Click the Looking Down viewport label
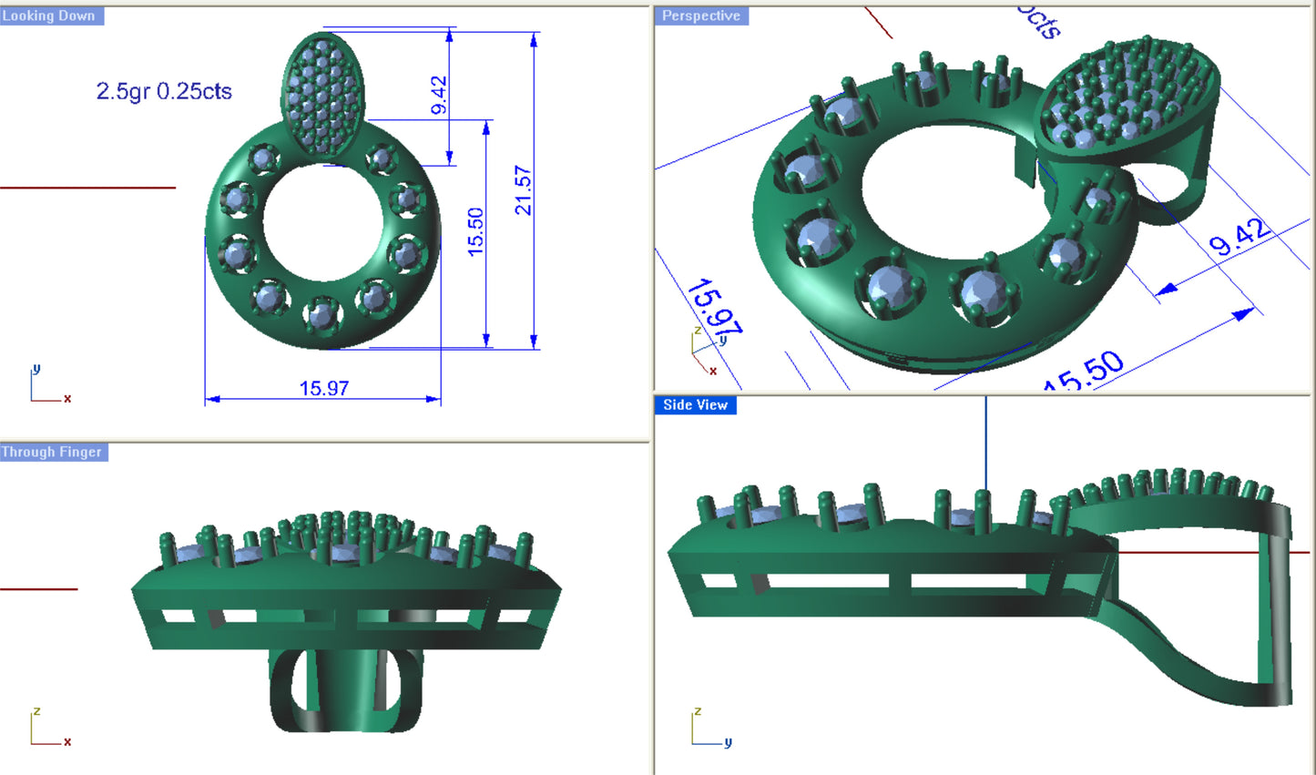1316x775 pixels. pyautogui.click(x=49, y=15)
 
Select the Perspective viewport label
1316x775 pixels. pyautogui.click(x=700, y=15)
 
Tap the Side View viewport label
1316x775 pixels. pyautogui.click(x=695, y=405)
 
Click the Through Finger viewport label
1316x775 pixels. pyautogui.click(x=52, y=452)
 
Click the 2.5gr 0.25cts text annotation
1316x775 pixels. pyautogui.click(x=164, y=91)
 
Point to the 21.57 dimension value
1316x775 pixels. pyautogui.click(x=523, y=189)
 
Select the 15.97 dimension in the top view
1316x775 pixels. pyautogui.click(x=324, y=388)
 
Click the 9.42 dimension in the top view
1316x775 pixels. pyautogui.click(x=438, y=95)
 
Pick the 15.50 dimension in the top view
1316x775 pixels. pyautogui.click(x=475, y=232)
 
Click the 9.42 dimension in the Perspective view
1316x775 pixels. pyautogui.click(x=1239, y=237)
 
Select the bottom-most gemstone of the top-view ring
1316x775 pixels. pyautogui.click(x=321, y=315)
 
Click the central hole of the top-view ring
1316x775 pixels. pyautogui.click(x=323, y=223)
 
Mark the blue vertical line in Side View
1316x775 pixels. pyautogui.click(x=985, y=446)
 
